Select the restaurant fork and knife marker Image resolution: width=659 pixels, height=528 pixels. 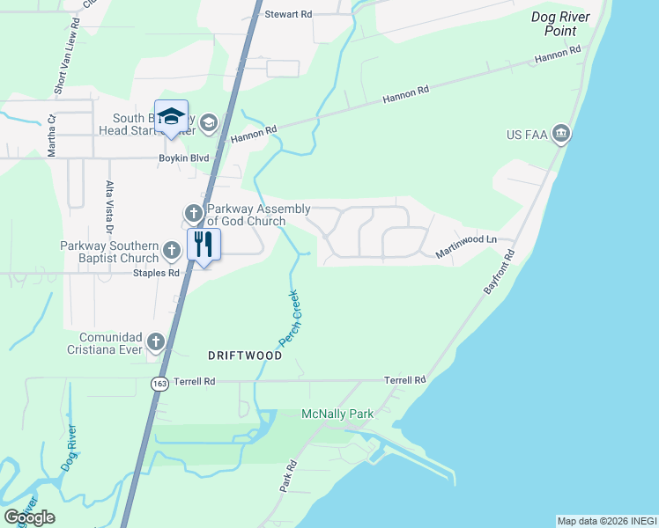point(204,245)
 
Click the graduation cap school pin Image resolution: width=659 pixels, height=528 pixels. point(171,117)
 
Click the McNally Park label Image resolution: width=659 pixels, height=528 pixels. point(337,414)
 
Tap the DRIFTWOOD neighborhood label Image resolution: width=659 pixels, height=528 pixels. point(245,356)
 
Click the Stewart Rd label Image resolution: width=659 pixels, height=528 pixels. point(289,15)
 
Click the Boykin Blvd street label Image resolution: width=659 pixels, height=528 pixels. point(182,158)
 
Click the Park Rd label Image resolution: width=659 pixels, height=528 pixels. point(287,476)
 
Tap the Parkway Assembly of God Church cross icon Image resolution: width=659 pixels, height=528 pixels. point(193,213)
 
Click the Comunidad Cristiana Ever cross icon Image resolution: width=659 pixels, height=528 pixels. point(156,341)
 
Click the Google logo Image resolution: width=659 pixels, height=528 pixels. point(28,517)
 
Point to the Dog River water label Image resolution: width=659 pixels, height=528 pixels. point(69,448)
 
